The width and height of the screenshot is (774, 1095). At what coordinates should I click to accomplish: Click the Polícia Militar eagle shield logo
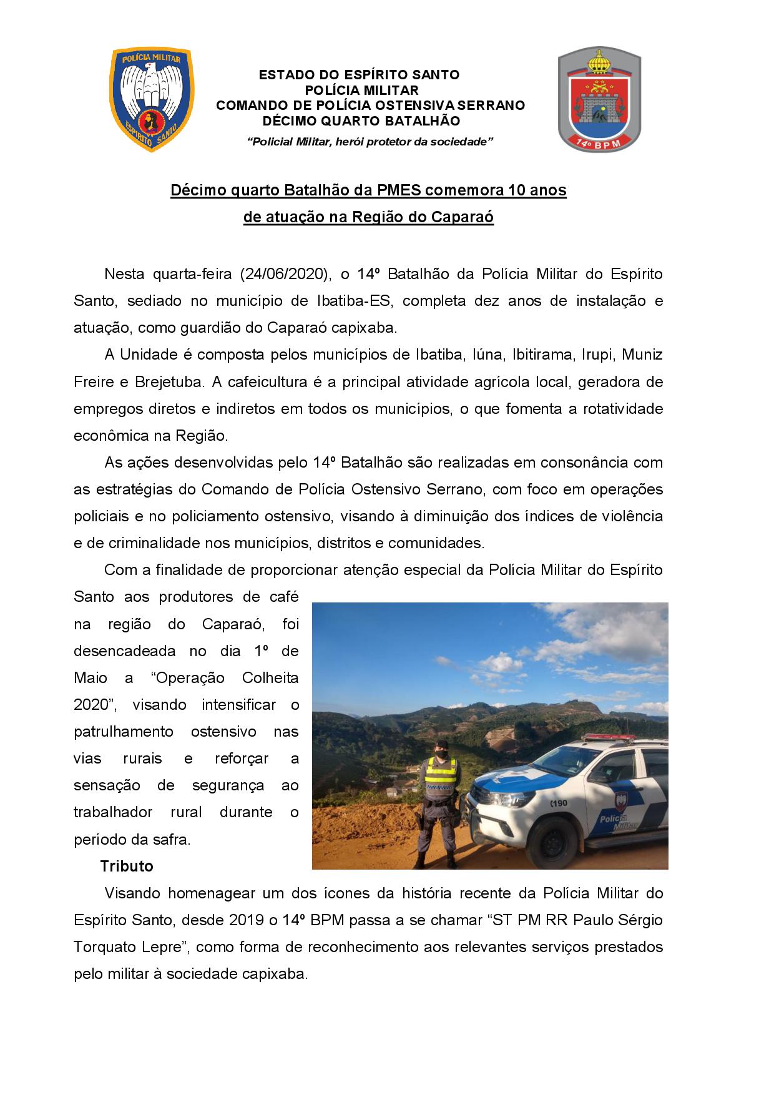tap(151, 99)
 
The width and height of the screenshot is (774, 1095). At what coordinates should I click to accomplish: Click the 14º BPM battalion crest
tap(599, 100)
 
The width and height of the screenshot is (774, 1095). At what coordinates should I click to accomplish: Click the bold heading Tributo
tap(127, 867)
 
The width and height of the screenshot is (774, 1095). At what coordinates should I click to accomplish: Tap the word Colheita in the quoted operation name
tap(270, 678)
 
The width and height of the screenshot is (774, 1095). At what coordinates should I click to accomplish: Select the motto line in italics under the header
tap(371, 142)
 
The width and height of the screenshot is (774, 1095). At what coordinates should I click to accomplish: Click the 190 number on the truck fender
tap(559, 803)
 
